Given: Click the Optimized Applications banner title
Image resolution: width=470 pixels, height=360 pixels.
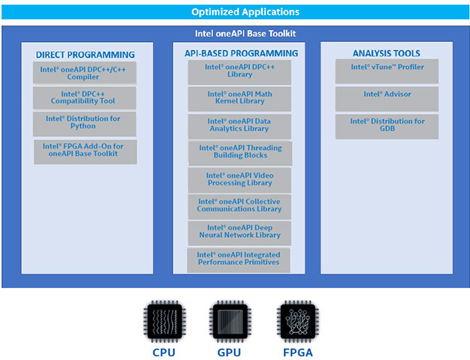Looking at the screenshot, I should point(234,12).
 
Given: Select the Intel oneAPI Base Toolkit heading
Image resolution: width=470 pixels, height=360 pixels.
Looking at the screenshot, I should point(235,34).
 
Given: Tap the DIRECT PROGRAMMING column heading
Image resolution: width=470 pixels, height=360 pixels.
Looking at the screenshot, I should point(85,55).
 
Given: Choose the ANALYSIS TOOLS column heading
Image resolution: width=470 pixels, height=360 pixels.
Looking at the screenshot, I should point(386,53).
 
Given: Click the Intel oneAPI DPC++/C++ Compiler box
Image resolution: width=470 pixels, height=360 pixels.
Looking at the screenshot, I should point(85,72).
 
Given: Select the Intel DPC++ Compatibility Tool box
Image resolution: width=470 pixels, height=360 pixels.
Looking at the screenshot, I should point(85,98).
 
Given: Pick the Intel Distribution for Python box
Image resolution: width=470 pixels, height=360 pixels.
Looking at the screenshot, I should point(85,123).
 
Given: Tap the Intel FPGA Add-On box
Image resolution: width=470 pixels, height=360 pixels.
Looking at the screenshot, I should point(85,151).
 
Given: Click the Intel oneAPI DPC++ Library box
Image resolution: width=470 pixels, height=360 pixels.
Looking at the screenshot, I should point(240,71).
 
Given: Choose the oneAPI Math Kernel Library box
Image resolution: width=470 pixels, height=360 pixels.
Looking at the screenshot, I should point(240,98).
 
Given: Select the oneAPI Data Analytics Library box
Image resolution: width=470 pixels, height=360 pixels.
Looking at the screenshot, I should point(240,124).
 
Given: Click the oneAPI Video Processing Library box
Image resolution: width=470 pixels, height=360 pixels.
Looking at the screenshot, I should point(240,179).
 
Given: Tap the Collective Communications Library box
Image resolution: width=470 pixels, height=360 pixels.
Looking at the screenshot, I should point(240,205).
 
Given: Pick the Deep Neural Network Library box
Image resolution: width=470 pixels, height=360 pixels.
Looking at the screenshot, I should point(240,232).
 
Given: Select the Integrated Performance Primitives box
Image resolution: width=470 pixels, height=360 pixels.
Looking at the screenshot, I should point(238,259).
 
